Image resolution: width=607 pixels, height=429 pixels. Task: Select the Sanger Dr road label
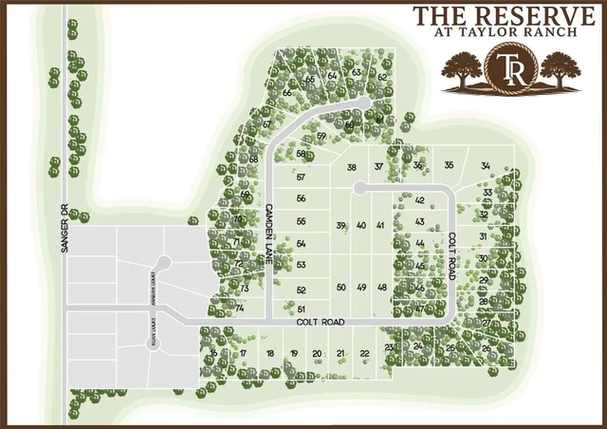point(65,213)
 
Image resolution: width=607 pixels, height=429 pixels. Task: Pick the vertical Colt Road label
point(454,250)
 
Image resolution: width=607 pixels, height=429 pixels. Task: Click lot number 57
point(302,177)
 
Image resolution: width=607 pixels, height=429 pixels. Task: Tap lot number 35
point(450,166)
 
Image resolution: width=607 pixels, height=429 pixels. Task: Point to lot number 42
point(419,200)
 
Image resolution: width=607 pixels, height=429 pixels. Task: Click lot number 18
point(270,353)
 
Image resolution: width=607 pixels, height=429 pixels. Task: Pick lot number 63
point(356,72)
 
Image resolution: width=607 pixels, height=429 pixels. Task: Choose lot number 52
point(302,289)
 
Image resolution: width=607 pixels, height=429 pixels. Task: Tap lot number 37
point(378,167)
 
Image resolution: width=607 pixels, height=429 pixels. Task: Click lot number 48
point(381,287)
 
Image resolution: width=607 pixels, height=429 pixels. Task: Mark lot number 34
point(486,166)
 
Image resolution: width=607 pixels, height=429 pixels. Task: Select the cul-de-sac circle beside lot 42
point(359,189)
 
